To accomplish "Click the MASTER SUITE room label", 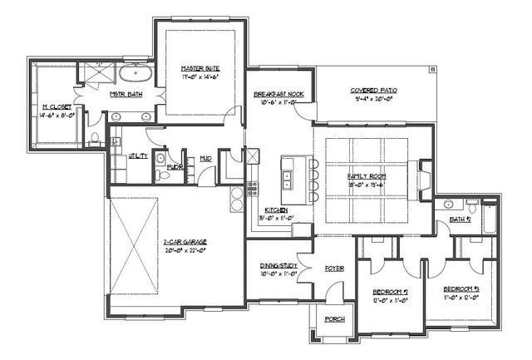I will (x=199, y=67).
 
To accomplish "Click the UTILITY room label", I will (x=138, y=156).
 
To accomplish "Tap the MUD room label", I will (x=204, y=156).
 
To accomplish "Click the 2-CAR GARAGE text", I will (x=185, y=242).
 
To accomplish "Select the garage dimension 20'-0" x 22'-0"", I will (x=185, y=250).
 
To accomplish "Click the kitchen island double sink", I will (x=287, y=177).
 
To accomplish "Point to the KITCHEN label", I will (x=276, y=210).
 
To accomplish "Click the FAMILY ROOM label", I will (x=366, y=177).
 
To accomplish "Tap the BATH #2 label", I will (x=461, y=219).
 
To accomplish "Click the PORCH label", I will (x=334, y=320).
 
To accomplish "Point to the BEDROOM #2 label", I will (x=389, y=292).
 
